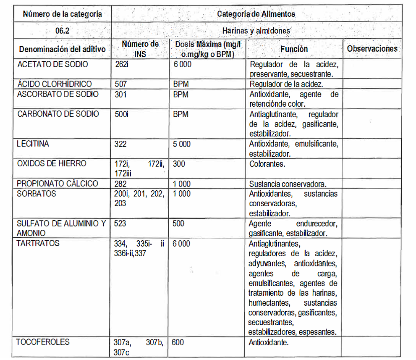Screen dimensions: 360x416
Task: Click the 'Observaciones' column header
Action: [372, 49]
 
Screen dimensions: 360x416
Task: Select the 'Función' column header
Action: [294, 49]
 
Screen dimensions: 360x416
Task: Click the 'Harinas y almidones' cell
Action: [256, 31]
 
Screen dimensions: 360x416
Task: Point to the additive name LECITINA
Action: [33, 144]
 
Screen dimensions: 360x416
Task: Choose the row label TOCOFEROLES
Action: [42, 342]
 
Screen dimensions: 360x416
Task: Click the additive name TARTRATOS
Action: [38, 243]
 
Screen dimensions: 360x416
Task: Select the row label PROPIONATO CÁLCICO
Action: [58, 184]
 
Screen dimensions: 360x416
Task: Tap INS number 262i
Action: [122, 65]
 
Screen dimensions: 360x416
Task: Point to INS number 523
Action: [120, 223]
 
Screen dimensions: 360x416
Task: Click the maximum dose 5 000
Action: [181, 144]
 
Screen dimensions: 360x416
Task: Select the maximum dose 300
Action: [178, 164]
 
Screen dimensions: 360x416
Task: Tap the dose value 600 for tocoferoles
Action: [178, 342]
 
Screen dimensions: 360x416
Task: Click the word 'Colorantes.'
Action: [267, 164]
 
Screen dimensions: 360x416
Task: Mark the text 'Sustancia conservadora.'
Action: [288, 184]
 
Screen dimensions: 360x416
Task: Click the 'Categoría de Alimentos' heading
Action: [256, 14]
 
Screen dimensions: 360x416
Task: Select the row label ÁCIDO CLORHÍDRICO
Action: [54, 84]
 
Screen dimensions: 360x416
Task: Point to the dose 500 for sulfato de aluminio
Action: [178, 223]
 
